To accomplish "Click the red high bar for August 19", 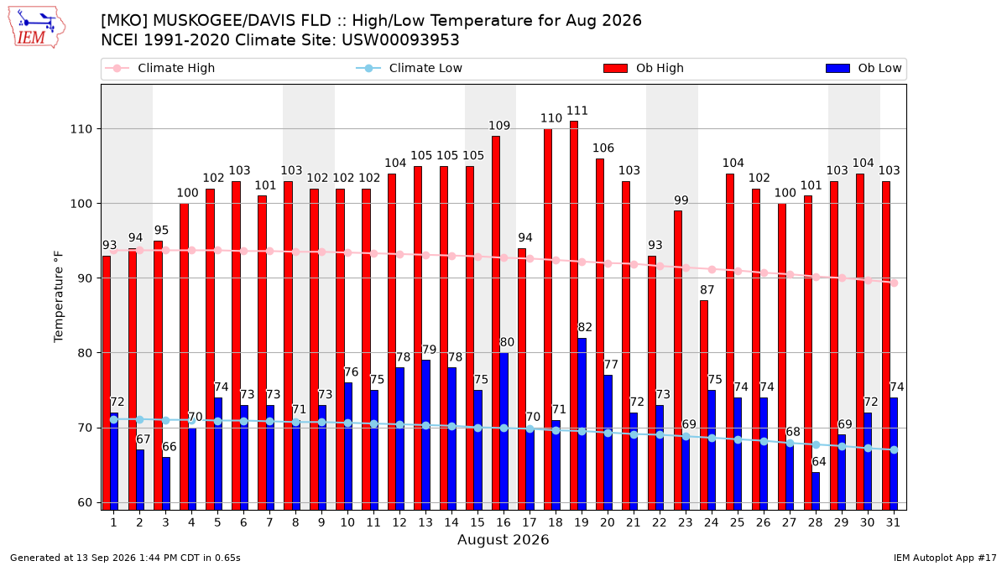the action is [574, 315].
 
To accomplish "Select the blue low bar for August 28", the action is [816, 491].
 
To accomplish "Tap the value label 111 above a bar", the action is [577, 111].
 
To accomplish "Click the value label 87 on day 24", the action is [707, 290].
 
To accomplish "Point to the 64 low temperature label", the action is [819, 461].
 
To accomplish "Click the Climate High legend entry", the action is [159, 68].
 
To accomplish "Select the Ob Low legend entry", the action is [864, 68].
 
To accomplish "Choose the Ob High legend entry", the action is [644, 68].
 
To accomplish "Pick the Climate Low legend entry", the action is [410, 68].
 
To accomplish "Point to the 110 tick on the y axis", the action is [81, 129].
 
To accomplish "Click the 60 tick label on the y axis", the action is [85, 502].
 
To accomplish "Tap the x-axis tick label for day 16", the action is [503, 522].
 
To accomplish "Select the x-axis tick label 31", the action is [893, 522].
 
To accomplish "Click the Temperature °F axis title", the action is [59, 297].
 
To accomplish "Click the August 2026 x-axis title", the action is [503, 539].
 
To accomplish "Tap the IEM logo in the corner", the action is [37, 28].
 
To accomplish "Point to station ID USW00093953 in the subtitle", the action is [400, 40].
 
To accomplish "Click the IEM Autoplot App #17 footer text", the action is [945, 558].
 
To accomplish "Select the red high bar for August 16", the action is [496, 323].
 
